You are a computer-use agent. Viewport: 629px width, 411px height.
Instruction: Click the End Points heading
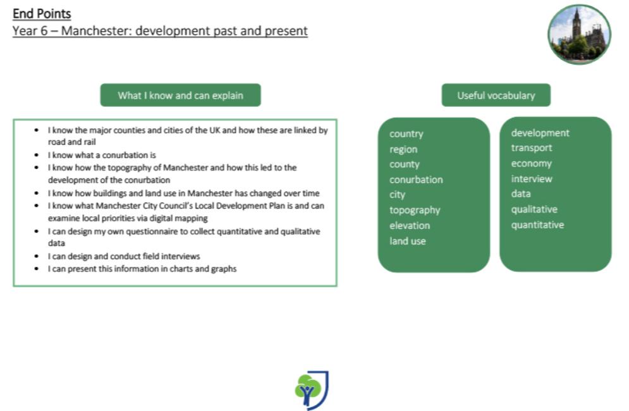(42, 14)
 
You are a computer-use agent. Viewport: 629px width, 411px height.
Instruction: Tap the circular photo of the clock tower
(579, 35)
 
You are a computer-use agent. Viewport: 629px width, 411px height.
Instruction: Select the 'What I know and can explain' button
(181, 95)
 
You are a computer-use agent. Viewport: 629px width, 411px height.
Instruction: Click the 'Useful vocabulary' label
(496, 95)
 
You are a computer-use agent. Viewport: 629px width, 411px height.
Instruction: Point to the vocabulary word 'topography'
(415, 211)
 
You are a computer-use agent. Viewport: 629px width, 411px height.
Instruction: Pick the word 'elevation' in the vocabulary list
(410, 226)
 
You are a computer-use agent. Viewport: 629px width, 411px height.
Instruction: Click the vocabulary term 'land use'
(408, 241)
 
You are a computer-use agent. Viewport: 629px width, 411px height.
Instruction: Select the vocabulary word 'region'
(403, 150)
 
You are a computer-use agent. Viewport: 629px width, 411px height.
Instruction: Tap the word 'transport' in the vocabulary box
(532, 148)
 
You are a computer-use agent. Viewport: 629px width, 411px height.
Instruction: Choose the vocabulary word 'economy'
(532, 164)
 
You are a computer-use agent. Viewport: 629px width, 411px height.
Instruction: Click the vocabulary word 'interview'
(532, 178)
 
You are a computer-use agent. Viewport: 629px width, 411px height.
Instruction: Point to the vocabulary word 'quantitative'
(537, 224)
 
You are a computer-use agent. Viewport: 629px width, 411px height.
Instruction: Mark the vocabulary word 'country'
(406, 134)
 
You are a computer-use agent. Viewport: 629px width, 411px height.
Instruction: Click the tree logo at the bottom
(312, 390)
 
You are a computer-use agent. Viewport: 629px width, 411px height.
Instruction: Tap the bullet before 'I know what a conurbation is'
(37, 155)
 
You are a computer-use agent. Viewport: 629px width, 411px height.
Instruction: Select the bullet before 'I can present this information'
(37, 269)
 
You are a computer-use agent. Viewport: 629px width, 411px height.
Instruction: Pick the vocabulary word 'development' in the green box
(540, 133)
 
